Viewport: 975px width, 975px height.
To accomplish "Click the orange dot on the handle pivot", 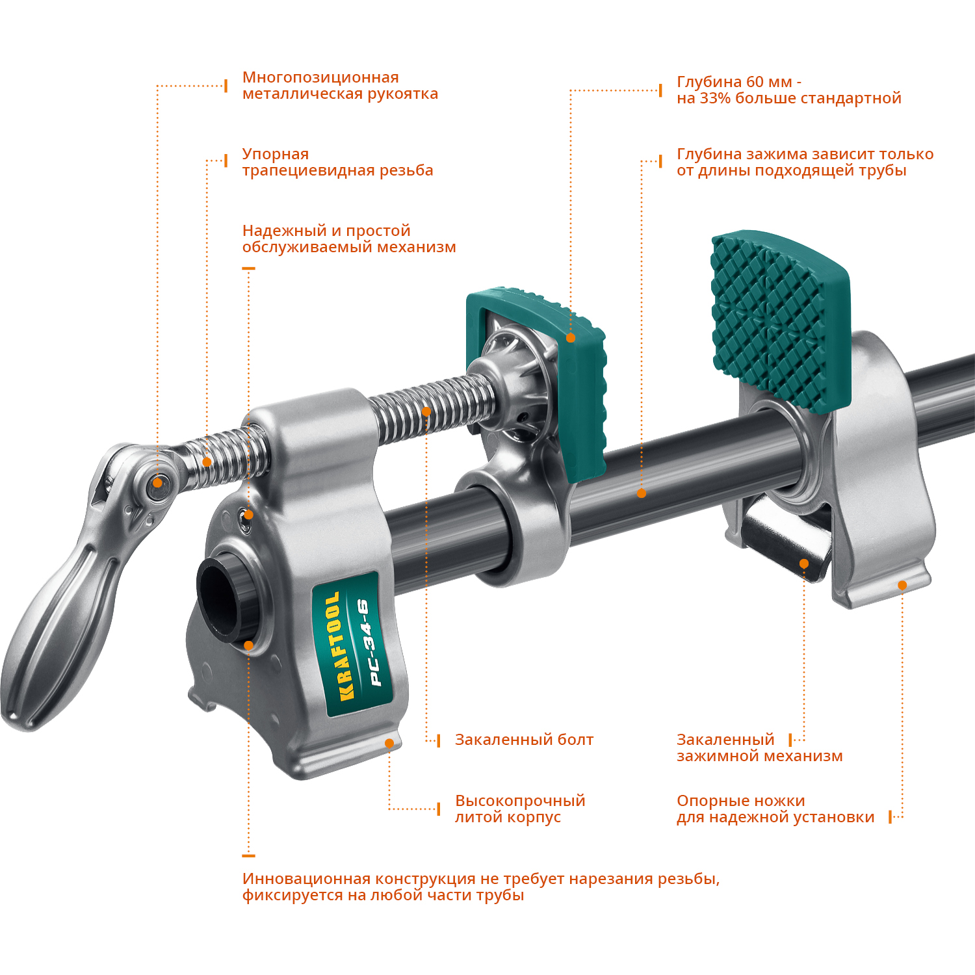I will pyautogui.click(x=157, y=482).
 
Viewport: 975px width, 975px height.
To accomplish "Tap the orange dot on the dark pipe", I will pyautogui.click(x=642, y=493).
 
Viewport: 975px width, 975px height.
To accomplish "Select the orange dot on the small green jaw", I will pyautogui.click(x=571, y=338).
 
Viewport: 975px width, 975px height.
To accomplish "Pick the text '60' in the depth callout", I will pyautogui.click(x=755, y=82).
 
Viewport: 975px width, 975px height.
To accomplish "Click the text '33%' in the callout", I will pyautogui.click(x=715, y=98).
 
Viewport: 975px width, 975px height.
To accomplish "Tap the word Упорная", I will pyautogui.click(x=275, y=154).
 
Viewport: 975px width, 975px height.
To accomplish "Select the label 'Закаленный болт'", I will pyautogui.click(x=524, y=740).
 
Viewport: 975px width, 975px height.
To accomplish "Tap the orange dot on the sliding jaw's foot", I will pyautogui.click(x=902, y=586).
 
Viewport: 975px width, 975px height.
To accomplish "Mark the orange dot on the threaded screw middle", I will pyautogui.click(x=426, y=411).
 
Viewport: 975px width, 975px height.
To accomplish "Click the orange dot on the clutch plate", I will pyautogui.click(x=804, y=564).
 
